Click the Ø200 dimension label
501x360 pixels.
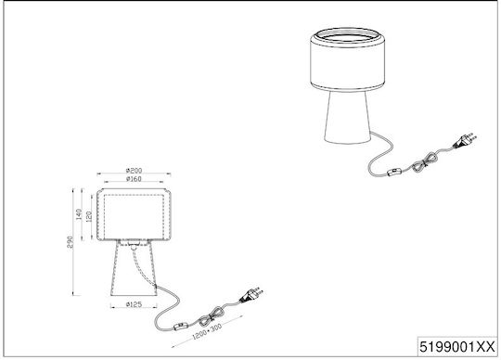pyautogui.click(x=134, y=171)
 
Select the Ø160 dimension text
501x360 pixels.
pyautogui.click(x=134, y=179)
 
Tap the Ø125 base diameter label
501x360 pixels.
pyautogui.click(x=134, y=304)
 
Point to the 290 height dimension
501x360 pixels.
pyautogui.click(x=70, y=242)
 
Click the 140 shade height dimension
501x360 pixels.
pyautogui.click(x=79, y=214)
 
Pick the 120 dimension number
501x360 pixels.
pyautogui.click(x=89, y=216)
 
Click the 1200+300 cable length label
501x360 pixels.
pyautogui.click(x=207, y=331)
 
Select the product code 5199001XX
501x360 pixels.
pyautogui.click(x=457, y=347)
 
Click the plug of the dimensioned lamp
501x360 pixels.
pyautogui.click(x=251, y=294)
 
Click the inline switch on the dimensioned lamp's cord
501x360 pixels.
pyautogui.click(x=181, y=327)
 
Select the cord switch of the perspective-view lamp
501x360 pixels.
pyautogui.click(x=394, y=173)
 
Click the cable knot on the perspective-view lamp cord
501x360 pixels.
pyautogui.click(x=424, y=162)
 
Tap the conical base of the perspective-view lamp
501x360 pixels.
pyautogui.click(x=347, y=117)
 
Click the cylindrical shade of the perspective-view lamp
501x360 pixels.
pyautogui.click(x=347, y=64)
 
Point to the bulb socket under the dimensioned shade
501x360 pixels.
pyautogui.click(x=134, y=244)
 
